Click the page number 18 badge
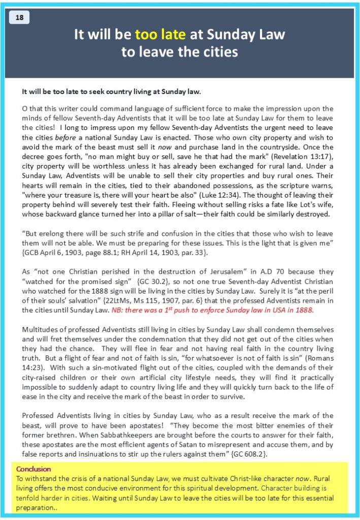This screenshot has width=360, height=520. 19,18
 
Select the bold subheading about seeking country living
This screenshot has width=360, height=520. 112,92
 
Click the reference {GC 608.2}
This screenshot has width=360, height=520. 249,453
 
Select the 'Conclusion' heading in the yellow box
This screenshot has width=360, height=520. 34,469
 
